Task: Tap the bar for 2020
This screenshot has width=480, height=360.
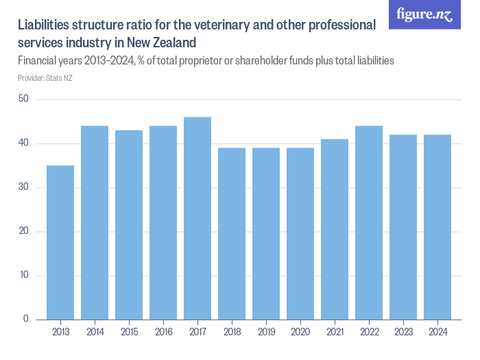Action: (x=300, y=233)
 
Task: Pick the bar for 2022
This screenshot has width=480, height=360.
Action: (x=369, y=222)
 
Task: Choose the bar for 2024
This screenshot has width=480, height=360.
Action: (x=437, y=227)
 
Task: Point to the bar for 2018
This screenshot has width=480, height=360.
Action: (x=232, y=233)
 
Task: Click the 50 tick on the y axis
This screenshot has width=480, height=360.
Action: (x=23, y=99)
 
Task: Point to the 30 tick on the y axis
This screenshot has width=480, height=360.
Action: (x=23, y=187)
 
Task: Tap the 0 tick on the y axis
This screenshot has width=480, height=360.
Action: (x=26, y=319)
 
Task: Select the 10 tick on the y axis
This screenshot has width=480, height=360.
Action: (x=23, y=275)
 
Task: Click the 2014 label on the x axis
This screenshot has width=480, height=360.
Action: (x=95, y=332)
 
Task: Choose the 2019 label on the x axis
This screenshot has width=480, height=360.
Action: (x=266, y=332)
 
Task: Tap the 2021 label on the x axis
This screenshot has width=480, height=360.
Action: (x=335, y=332)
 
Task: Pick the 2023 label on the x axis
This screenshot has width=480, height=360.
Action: (x=403, y=332)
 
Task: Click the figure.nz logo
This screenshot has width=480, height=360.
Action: (x=424, y=14)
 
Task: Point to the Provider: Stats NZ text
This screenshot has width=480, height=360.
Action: (x=45, y=78)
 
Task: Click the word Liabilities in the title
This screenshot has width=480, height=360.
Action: (x=47, y=26)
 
